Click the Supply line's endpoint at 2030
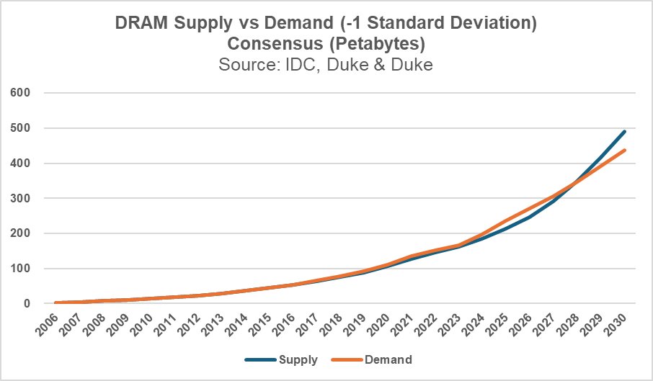pos(624,132)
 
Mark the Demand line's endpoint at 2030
pos(624,151)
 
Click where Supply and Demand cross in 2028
pos(574,184)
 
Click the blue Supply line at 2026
pos(526,217)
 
